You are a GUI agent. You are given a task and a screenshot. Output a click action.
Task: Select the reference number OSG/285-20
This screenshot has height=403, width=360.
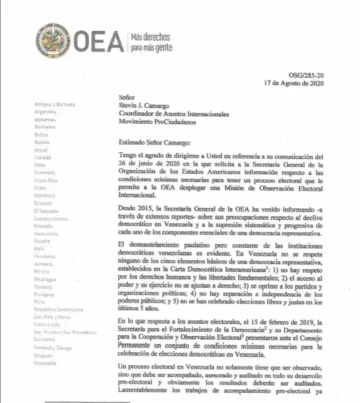coord(322,75)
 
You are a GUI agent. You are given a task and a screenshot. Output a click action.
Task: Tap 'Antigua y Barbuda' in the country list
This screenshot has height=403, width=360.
coord(54,104)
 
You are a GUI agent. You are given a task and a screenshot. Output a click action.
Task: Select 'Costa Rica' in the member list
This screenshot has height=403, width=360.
coord(45,180)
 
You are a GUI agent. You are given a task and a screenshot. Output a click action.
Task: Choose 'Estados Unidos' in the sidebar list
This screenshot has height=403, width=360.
coord(51,219)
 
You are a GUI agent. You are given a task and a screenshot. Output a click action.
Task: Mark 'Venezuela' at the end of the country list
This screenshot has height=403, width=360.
coord(45,363)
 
